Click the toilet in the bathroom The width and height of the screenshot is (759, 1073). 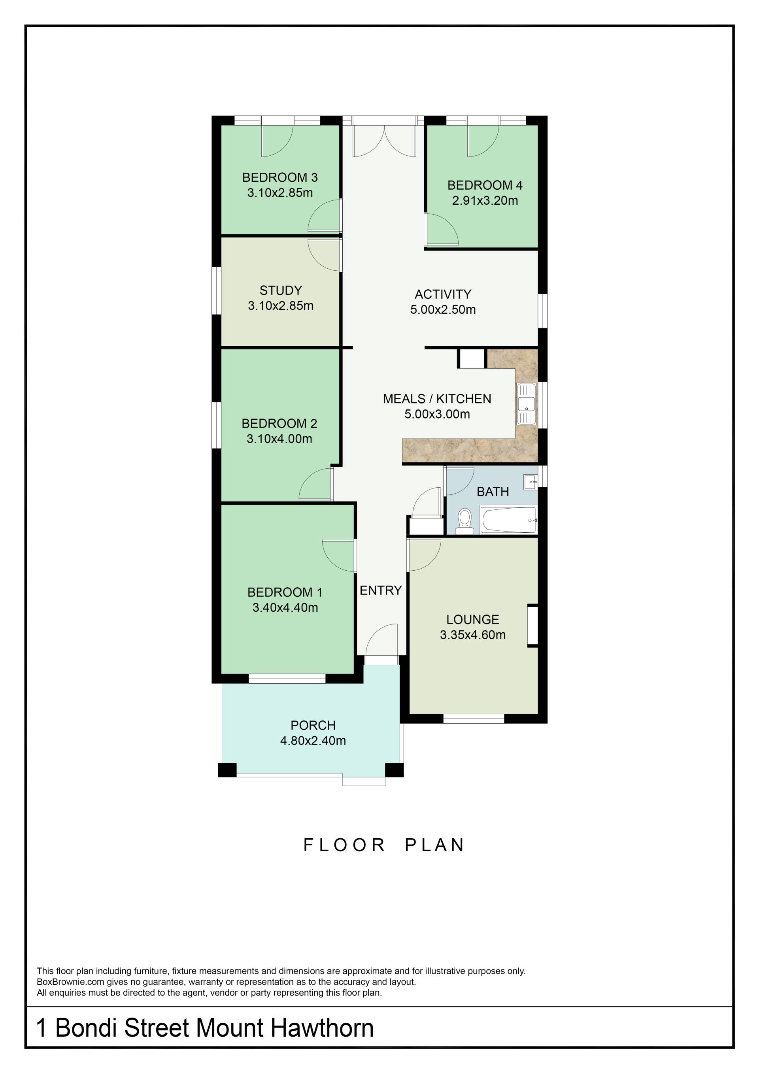coord(464,521)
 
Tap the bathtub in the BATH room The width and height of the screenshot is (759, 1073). coord(509,520)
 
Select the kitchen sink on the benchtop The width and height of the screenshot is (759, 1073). coord(527,404)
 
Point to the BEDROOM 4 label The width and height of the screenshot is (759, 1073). coord(485,185)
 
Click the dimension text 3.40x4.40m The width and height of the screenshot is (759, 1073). coord(285,607)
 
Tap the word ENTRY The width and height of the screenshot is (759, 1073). coord(380,590)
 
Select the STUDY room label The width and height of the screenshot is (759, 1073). coord(281,290)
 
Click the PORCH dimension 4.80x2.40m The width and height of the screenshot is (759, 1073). coord(313,740)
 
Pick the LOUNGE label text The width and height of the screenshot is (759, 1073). coord(472,619)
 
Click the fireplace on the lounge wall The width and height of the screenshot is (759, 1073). coord(532,626)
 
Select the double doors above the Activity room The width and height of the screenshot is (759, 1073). coord(384,141)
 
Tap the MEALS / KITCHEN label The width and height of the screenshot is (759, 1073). coord(437,399)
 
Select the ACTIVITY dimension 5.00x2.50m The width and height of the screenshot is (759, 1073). coord(443,309)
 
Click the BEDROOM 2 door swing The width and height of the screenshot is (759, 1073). coord(315,484)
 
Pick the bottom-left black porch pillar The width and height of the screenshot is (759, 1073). coord(227,770)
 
